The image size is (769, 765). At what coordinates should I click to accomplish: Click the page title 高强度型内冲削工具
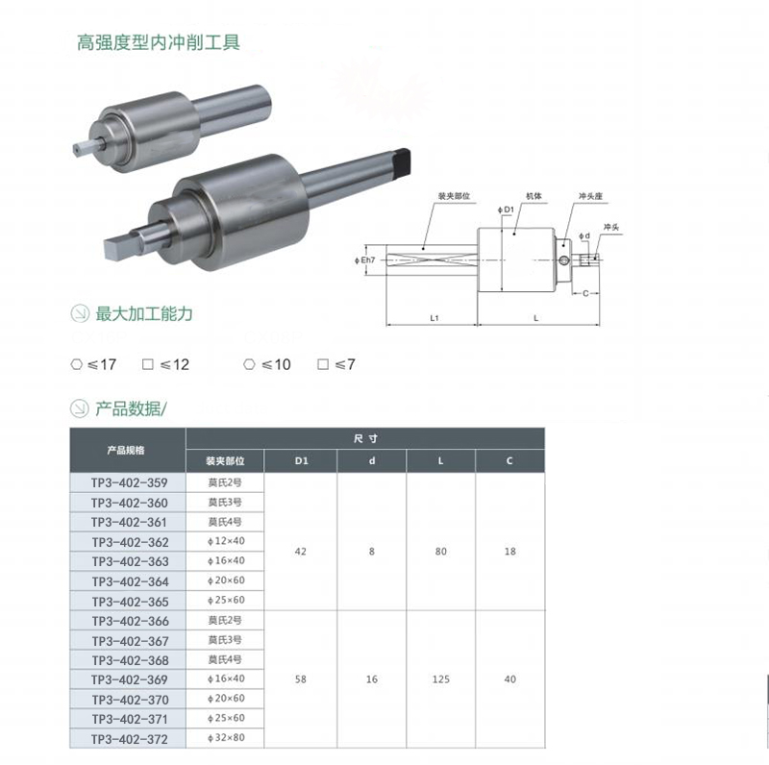[x=158, y=42]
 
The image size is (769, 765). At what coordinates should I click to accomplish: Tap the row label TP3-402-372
[x=130, y=739]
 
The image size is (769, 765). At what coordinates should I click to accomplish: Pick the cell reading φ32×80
[x=224, y=739]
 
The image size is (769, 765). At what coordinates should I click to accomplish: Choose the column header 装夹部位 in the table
[x=224, y=459]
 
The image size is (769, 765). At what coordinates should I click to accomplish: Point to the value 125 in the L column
[x=441, y=679]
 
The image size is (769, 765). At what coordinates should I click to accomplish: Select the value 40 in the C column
[x=509, y=679]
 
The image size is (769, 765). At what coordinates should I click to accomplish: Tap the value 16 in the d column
[x=372, y=679]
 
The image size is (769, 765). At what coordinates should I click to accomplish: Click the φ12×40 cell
[x=224, y=541]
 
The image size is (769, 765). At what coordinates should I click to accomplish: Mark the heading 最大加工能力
[x=144, y=314]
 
